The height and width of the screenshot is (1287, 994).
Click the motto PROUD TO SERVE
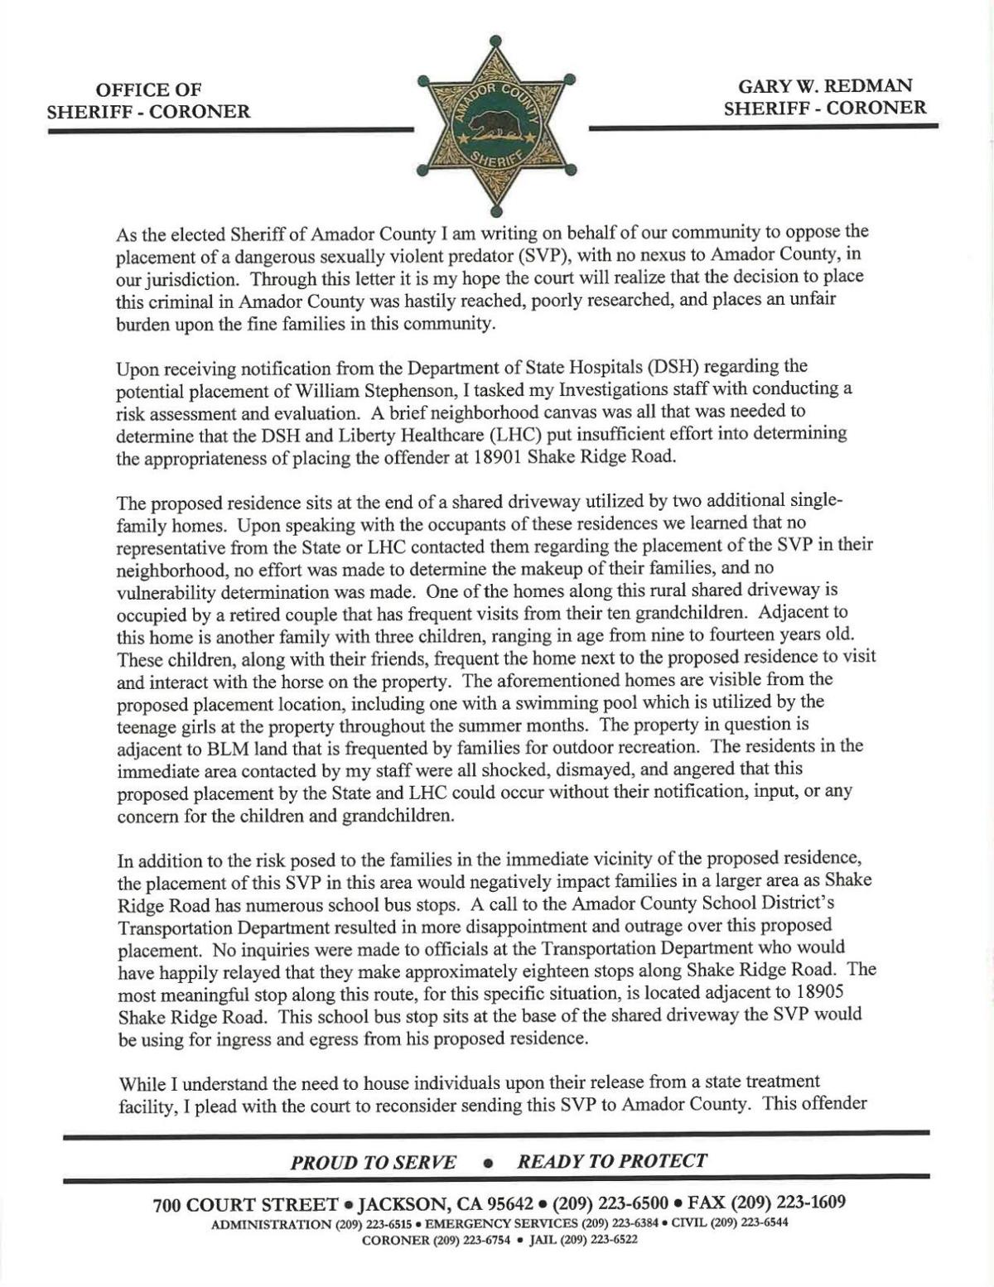coord(373,1162)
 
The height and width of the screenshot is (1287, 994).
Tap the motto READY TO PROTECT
coord(612,1161)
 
